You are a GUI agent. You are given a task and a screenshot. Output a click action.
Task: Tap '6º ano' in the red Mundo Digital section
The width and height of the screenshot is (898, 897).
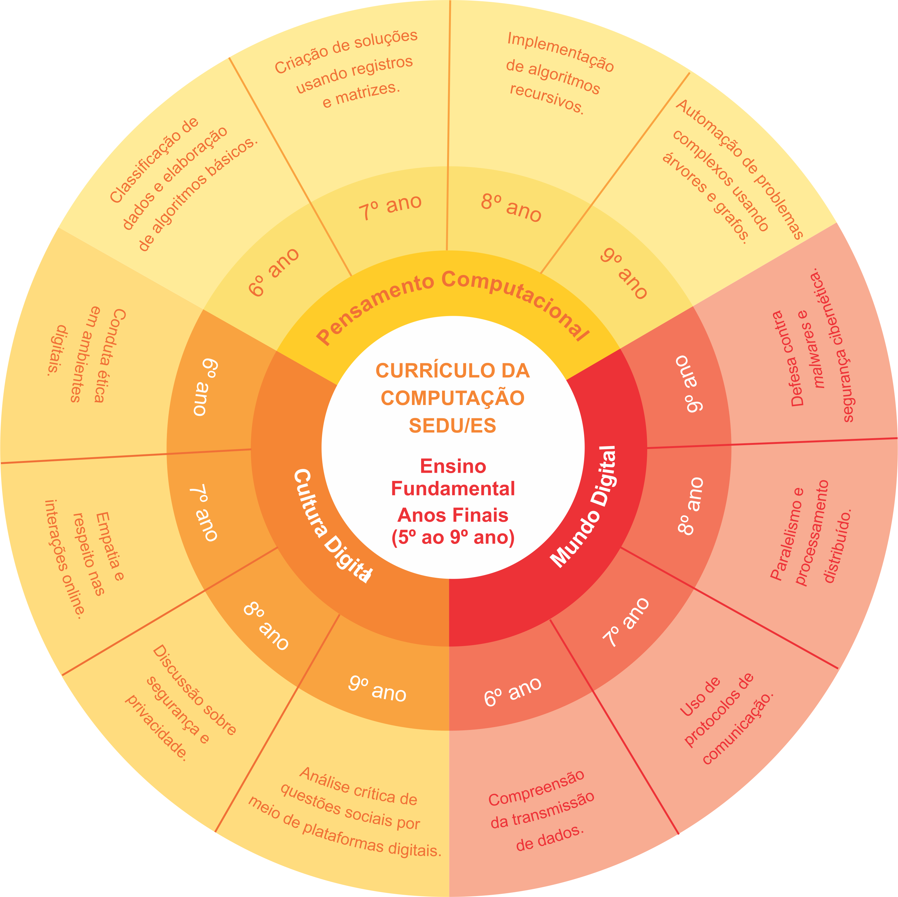click(x=513, y=692)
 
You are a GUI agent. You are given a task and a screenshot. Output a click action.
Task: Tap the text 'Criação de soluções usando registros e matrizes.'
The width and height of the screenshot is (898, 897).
click(x=347, y=70)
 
